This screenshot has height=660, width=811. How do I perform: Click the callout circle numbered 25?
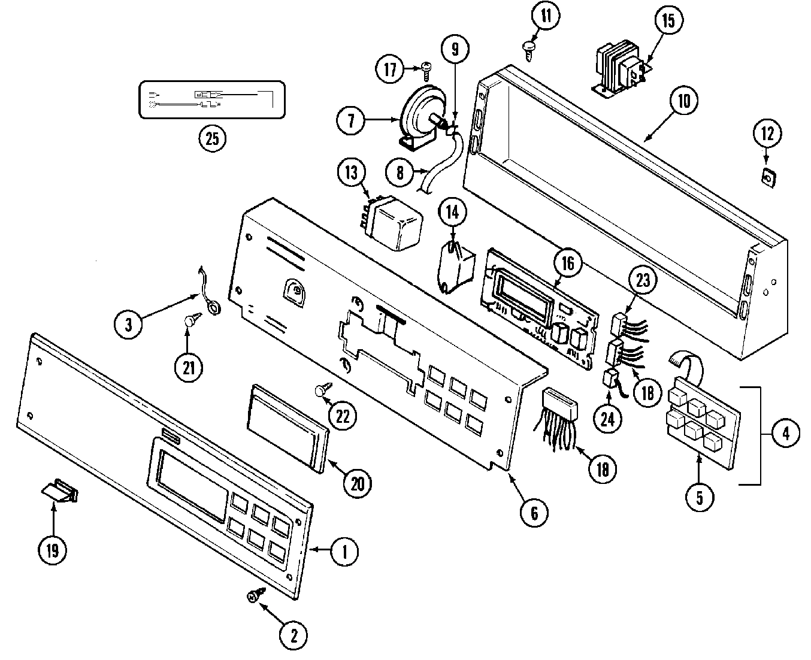point(212,138)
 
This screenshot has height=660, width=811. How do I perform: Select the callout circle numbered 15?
point(668,21)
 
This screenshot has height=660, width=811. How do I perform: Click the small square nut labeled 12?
point(767,177)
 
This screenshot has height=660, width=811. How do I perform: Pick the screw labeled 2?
point(254,596)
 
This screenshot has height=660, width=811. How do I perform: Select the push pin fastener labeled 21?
point(190,321)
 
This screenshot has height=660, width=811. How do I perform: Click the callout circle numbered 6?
point(534,512)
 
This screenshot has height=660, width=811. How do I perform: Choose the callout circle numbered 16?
point(567,262)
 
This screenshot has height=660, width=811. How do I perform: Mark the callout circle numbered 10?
point(684,101)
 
